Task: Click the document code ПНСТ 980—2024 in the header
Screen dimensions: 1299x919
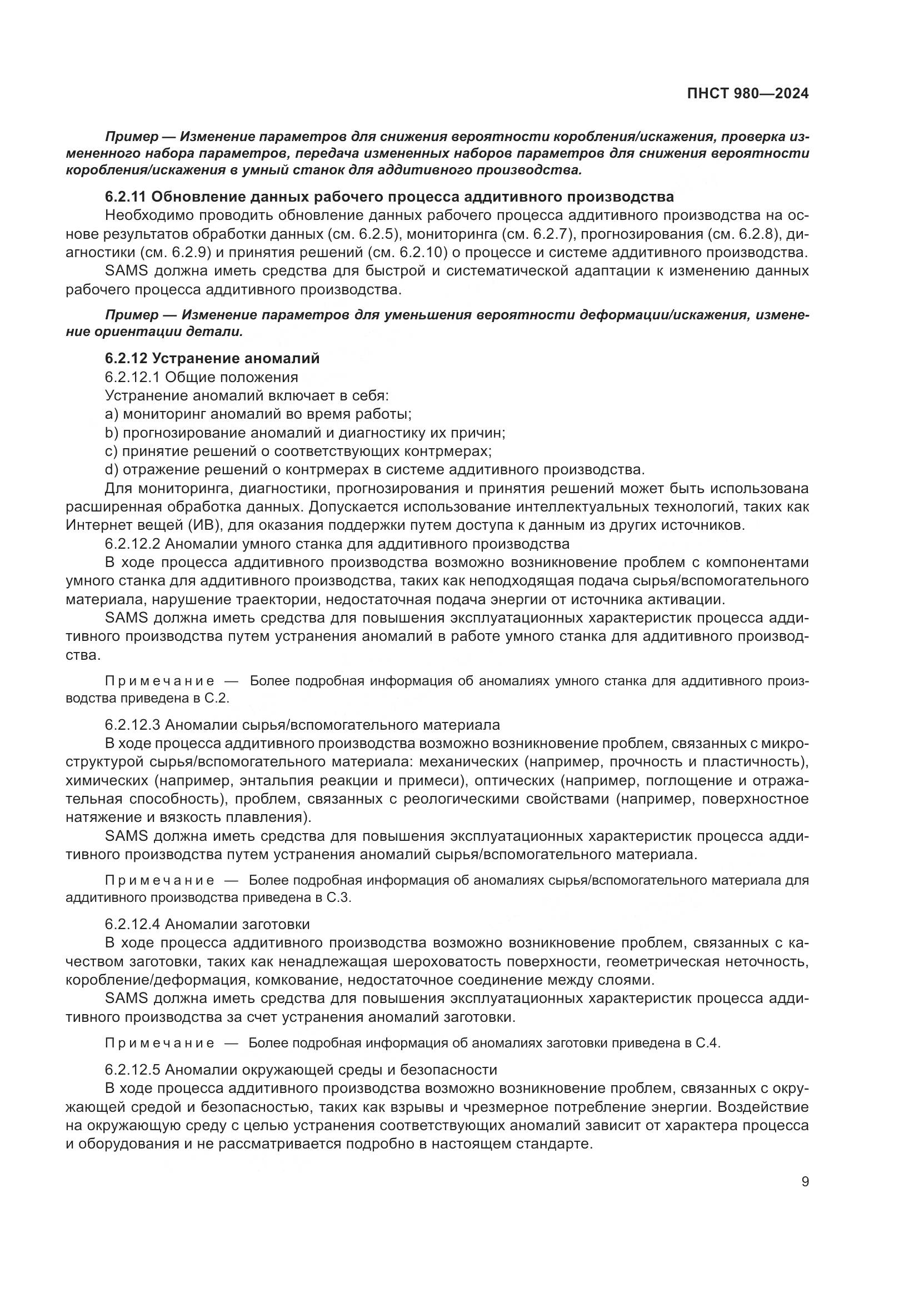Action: click(x=747, y=94)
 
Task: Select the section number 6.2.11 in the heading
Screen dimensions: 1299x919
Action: click(x=126, y=197)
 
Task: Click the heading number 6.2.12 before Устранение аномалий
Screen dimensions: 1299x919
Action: click(x=126, y=358)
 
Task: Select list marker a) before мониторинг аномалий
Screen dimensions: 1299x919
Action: click(x=112, y=414)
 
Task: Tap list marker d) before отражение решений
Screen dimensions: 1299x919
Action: click(x=112, y=470)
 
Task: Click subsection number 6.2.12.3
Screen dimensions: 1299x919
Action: click(x=132, y=725)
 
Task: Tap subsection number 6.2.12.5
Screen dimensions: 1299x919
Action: click(x=132, y=1070)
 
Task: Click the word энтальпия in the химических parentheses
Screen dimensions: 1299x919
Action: click(x=275, y=781)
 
